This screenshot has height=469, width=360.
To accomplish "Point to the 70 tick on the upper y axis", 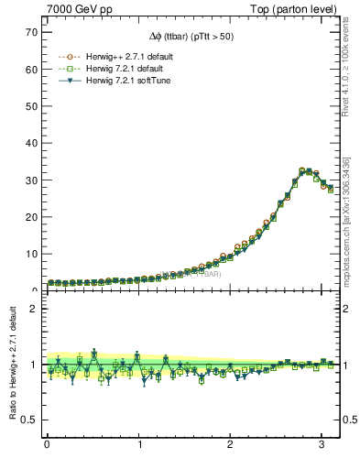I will [x=32, y=32].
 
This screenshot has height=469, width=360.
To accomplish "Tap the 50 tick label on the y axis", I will [x=32, y=106].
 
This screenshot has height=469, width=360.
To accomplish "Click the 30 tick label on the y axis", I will [x=32, y=180].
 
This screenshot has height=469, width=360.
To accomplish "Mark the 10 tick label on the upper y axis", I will [x=32, y=255].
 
